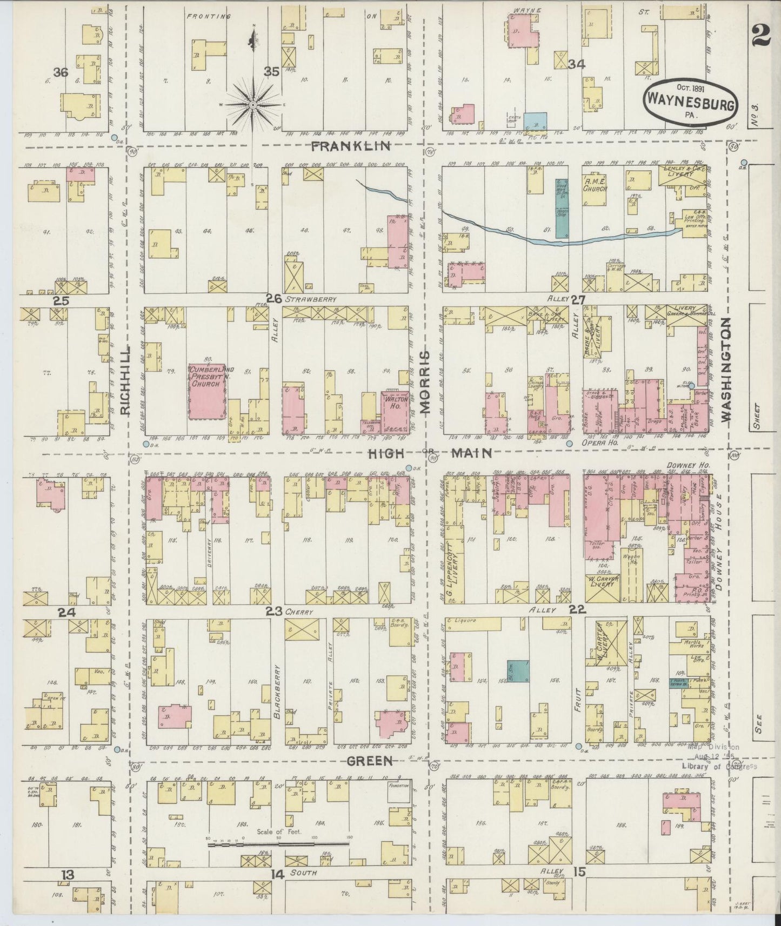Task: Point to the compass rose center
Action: pos(253,104)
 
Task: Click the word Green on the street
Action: pos(369,761)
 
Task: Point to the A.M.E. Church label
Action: pos(595,185)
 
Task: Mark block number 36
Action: pos(61,72)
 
